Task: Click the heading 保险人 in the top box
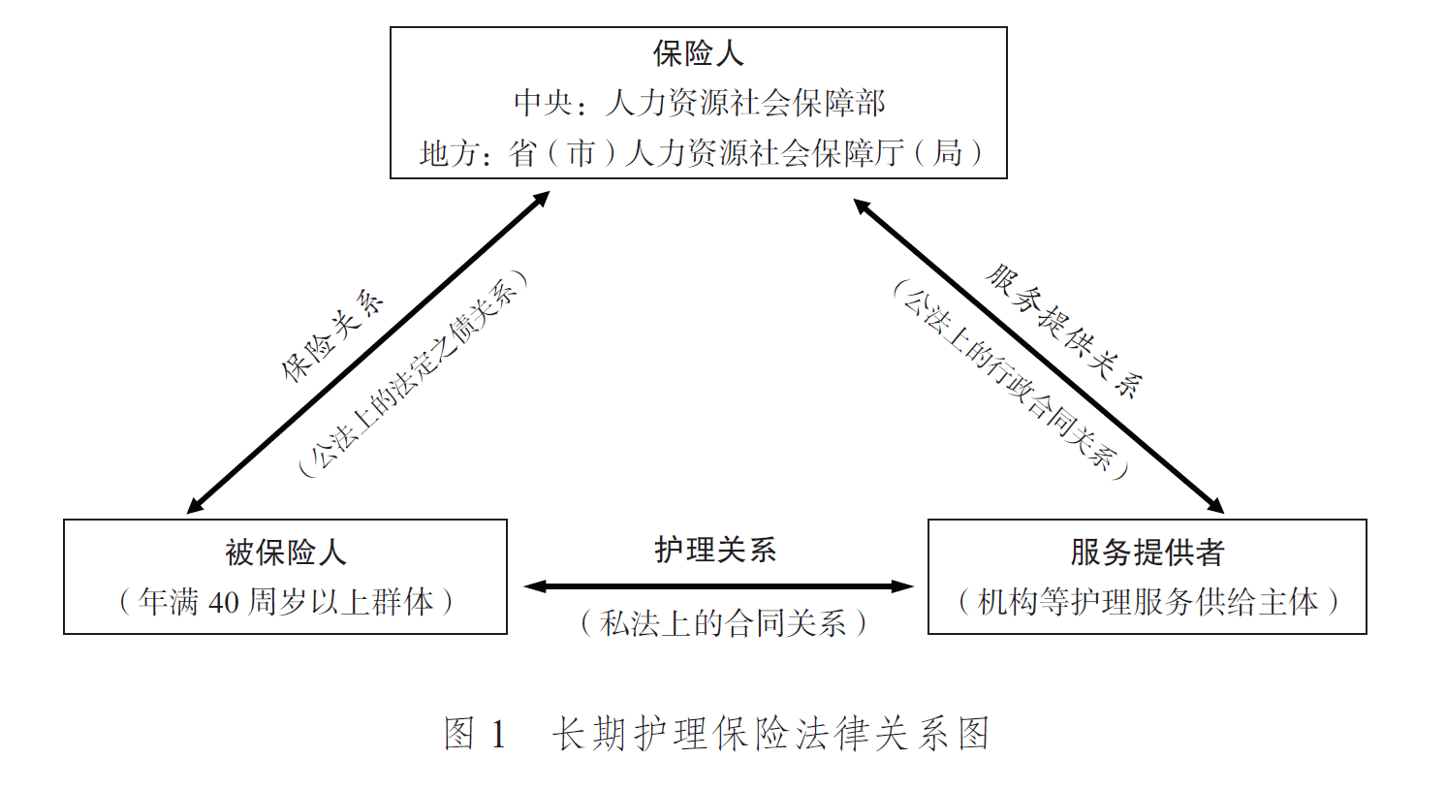click(x=698, y=53)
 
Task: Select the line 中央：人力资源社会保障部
click(x=699, y=103)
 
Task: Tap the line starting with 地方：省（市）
click(x=701, y=153)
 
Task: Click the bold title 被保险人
click(x=285, y=553)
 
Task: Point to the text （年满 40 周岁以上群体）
click(x=285, y=602)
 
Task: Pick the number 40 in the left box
click(x=223, y=603)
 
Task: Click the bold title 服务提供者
click(x=1147, y=553)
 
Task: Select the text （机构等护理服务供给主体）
click(x=1147, y=602)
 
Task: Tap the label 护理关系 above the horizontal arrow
click(x=715, y=550)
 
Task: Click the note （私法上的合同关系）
click(x=722, y=622)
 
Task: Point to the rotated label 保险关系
click(x=332, y=334)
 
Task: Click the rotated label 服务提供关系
click(x=1064, y=331)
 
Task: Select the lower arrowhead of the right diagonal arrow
click(x=1216, y=506)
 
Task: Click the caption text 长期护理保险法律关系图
click(x=770, y=734)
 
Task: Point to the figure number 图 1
click(x=475, y=734)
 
